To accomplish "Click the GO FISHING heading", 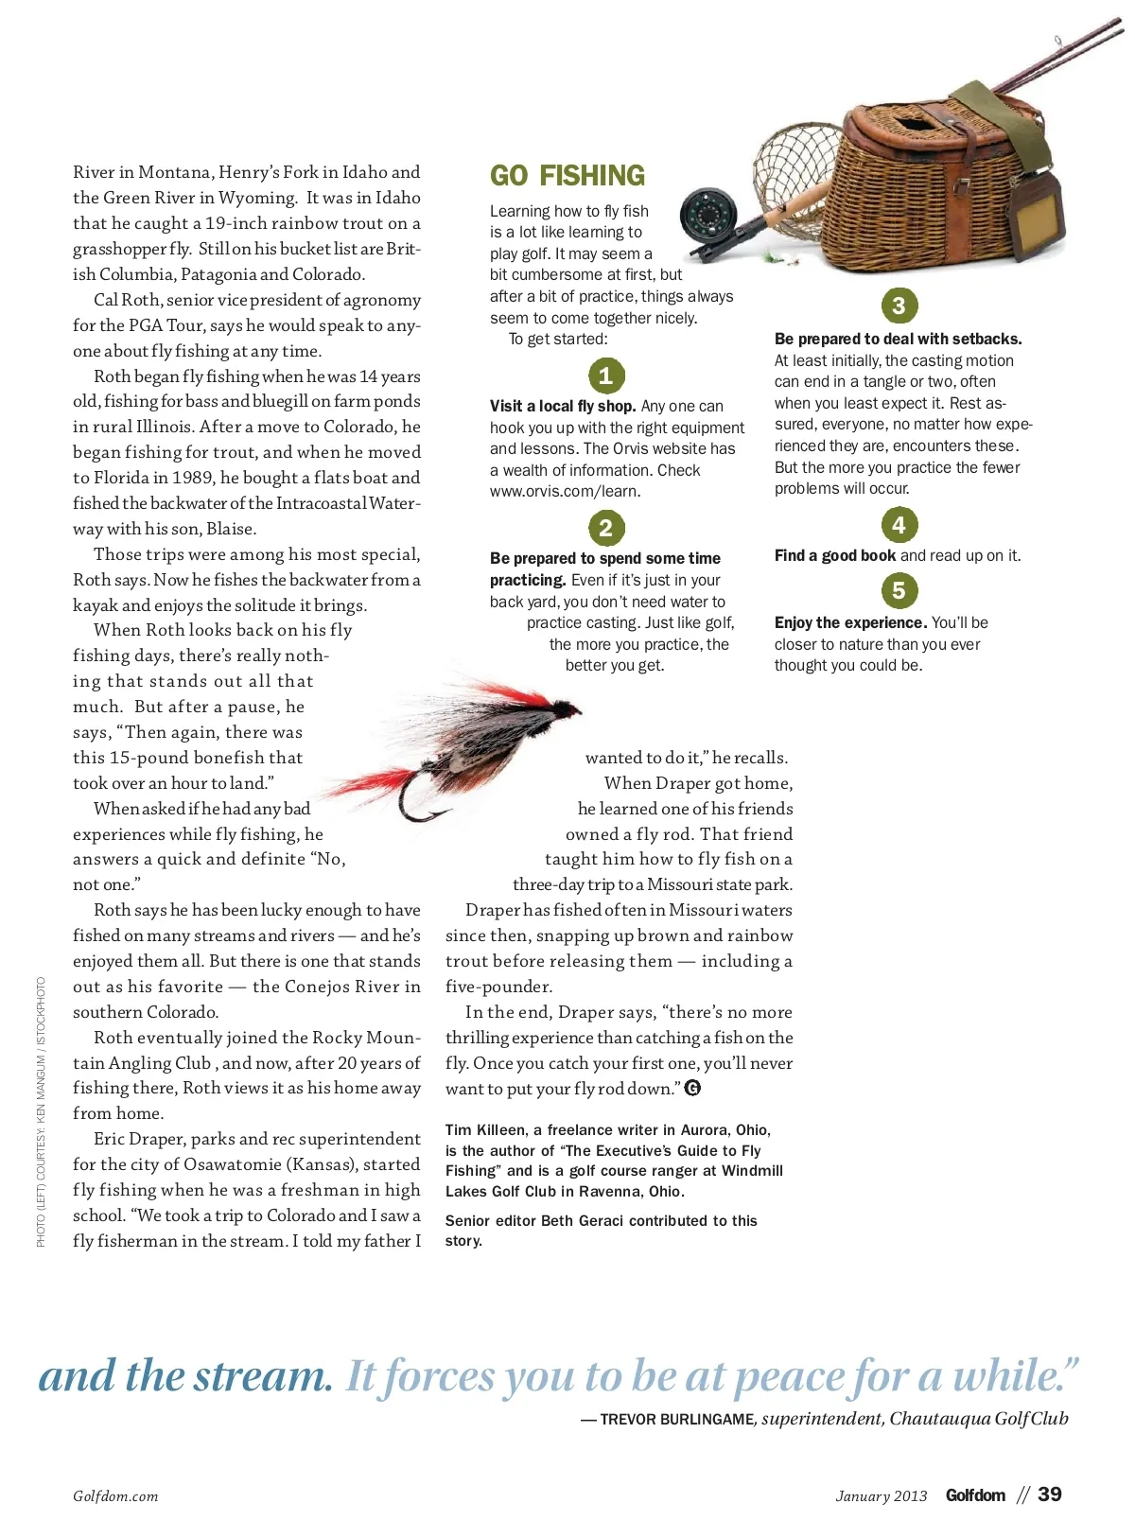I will click(567, 176).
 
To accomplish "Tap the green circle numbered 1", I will click(606, 376).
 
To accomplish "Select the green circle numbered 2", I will click(606, 528).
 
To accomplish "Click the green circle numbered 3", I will click(899, 306).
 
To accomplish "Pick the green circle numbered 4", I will click(899, 525).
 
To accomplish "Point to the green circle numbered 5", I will click(899, 591).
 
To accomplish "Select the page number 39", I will click(1050, 1494).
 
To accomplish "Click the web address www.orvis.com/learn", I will click(565, 492).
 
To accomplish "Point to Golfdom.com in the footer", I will click(115, 1496).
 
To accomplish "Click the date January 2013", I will click(882, 1496).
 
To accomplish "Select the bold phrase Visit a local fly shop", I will click(563, 407).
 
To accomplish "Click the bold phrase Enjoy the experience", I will click(850, 623).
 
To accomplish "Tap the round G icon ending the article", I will click(692, 1088).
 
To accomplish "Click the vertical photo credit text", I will click(41, 1111).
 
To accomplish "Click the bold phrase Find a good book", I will click(835, 556).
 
